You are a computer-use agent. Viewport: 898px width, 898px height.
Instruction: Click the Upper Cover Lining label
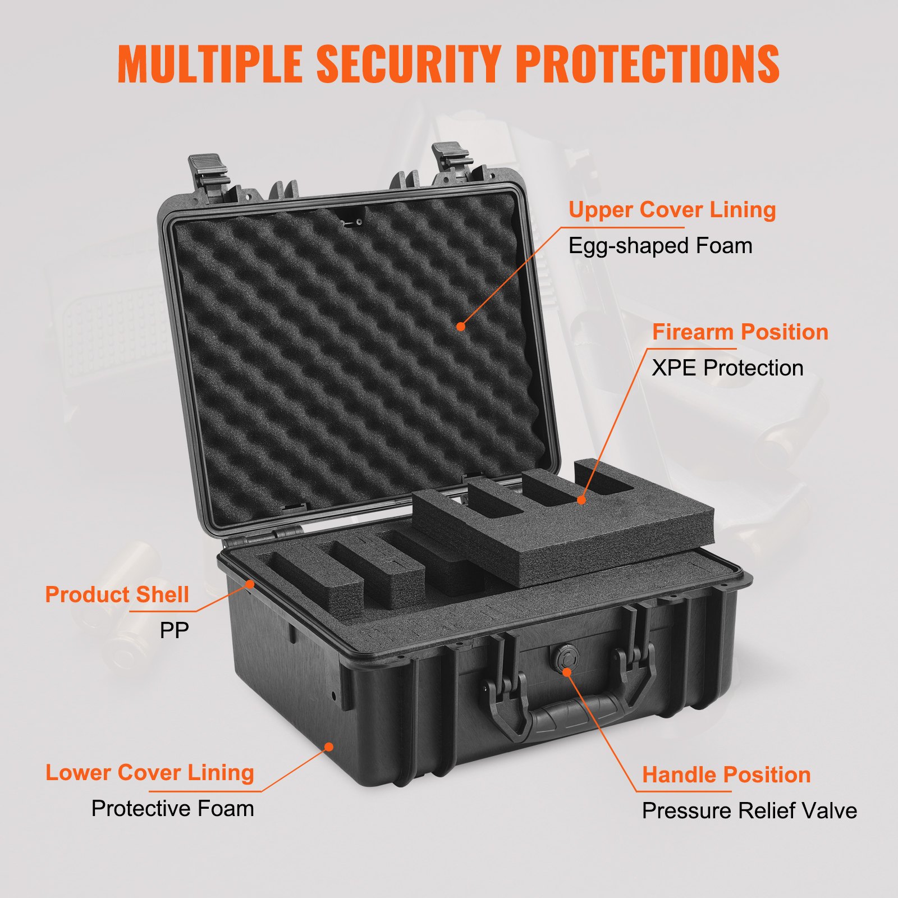672,210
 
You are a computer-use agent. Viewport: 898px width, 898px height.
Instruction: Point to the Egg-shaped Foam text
660,246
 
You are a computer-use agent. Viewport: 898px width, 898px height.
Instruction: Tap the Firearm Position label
740,332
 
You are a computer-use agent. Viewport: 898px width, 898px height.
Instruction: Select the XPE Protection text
727,368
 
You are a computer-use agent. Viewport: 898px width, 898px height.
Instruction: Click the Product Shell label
117,595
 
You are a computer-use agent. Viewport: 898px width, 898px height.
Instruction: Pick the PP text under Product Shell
174,630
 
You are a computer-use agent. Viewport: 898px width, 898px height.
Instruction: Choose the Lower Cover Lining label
149,773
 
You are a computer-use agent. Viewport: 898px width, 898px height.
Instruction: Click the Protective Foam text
172,809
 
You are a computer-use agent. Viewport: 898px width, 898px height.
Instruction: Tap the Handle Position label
726,775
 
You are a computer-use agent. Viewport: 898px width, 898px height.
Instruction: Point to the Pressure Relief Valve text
749,811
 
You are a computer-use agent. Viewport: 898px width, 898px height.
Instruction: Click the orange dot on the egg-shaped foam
461,326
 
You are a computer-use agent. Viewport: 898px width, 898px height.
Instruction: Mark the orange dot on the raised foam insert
581,500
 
